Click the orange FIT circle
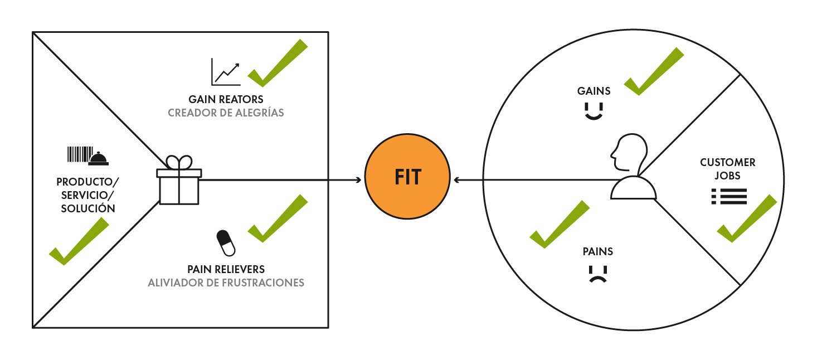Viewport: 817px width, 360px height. pos(407,179)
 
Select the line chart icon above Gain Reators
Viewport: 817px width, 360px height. pos(225,72)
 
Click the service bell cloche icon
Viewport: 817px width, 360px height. pos(99,159)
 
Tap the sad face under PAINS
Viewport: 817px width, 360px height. pos(598,274)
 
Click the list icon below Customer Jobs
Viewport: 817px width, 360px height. pos(729,196)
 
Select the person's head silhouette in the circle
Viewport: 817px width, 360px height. pos(629,153)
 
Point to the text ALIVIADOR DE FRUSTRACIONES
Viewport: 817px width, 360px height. pos(226,283)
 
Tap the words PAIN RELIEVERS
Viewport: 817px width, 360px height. pos(226,269)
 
